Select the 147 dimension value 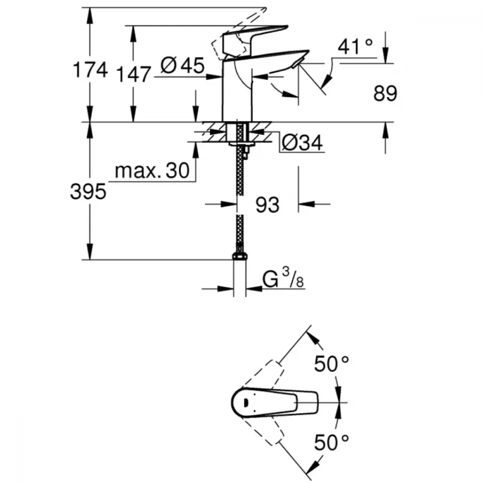click(133, 74)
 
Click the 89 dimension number click(385, 94)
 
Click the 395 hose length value click(87, 192)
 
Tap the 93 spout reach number click(267, 205)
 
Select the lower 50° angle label click(332, 442)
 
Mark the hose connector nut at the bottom click(240, 257)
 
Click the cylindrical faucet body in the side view click(237, 92)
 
